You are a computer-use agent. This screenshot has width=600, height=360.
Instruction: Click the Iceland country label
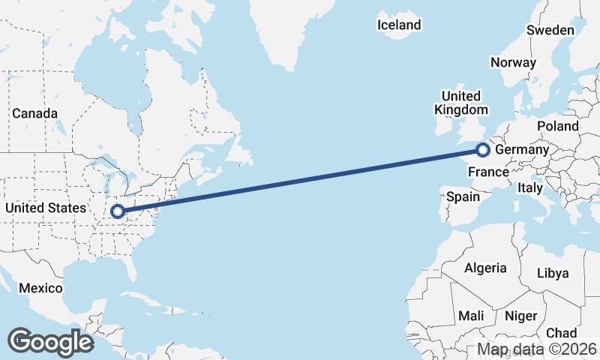coord(399,25)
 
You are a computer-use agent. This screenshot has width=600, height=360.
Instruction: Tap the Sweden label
coord(550,30)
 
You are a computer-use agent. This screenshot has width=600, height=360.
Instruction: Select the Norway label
coord(513,62)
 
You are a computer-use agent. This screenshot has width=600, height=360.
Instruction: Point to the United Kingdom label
coord(460,103)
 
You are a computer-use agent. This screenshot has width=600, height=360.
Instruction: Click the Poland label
coord(557,126)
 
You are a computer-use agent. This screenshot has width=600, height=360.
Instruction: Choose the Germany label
coord(522,149)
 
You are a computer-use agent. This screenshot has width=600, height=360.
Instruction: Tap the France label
coord(488,172)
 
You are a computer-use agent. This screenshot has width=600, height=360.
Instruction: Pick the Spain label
coord(463,196)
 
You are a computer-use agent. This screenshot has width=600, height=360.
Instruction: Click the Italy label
coord(529,188)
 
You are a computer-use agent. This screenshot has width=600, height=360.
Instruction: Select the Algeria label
coord(485,268)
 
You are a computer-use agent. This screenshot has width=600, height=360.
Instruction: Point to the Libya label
coord(553,273)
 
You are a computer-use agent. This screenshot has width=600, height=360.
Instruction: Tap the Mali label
coord(471,316)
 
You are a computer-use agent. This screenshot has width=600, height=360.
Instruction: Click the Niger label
coord(520,316)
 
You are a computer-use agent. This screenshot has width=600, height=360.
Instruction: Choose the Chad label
coord(562,332)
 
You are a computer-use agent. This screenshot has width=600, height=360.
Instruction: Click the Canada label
coord(34,113)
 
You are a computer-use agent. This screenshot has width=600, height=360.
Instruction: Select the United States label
coord(45,207)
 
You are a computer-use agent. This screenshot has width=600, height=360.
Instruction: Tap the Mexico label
coord(40,288)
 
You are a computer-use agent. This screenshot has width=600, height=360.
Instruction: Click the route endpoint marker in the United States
coord(118,211)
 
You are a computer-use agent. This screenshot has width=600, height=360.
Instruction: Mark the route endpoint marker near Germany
coord(483,151)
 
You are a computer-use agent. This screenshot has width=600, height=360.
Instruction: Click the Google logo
coord(50,342)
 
